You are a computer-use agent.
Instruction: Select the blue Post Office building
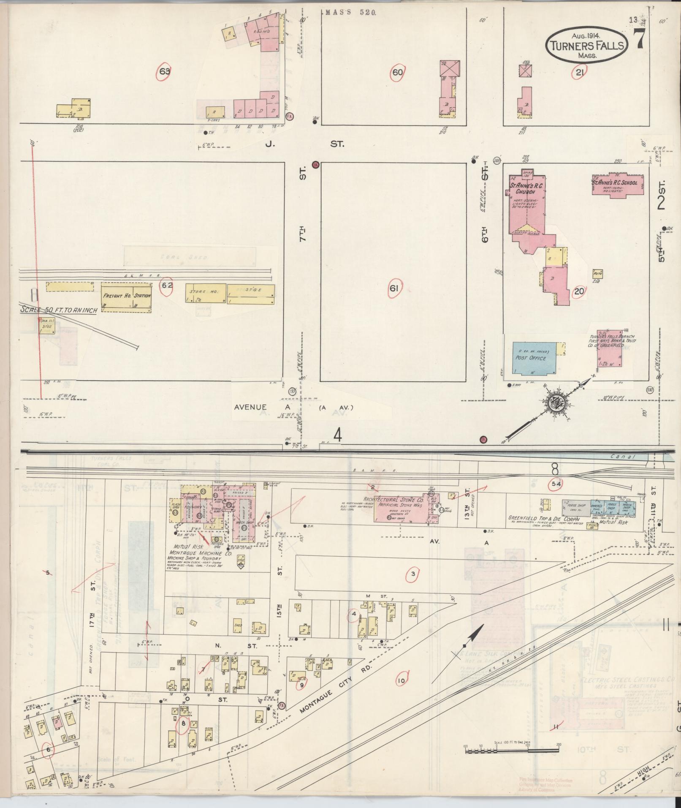535,358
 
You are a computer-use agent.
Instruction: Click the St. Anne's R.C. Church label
523,188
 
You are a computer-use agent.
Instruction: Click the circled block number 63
165,72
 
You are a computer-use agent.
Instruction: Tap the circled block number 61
394,289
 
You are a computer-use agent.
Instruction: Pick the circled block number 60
397,72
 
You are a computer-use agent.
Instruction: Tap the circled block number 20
579,291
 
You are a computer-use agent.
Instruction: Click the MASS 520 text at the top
350,13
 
